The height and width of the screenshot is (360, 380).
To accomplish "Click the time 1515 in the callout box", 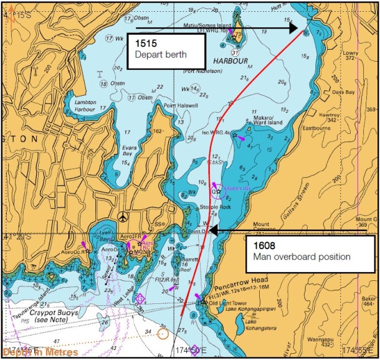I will pyautogui.click(x=145, y=44).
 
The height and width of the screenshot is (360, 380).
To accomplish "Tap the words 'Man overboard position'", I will pyautogui.click(x=302, y=257).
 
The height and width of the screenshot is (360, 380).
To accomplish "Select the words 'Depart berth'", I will pyautogui.click(x=160, y=54).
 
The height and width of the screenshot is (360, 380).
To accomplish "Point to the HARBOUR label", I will pyautogui.click(x=230, y=62).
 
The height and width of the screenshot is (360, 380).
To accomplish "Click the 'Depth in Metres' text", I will pyautogui.click(x=40, y=353).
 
